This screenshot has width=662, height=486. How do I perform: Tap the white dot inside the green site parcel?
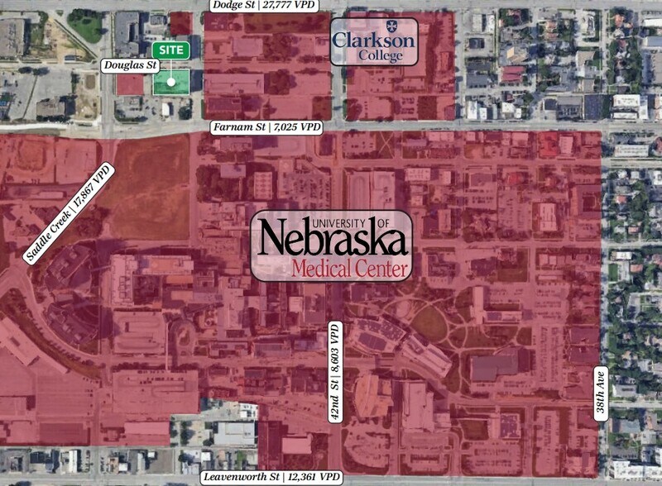click(x=170, y=81)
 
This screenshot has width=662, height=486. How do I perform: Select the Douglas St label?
click(x=129, y=64)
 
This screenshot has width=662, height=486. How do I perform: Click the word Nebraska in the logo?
click(x=332, y=241)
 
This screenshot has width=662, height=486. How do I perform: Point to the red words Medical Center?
click(x=350, y=269)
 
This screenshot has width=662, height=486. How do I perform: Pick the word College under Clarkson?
click(x=380, y=56)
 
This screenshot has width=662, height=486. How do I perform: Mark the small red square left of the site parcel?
click(x=129, y=84)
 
